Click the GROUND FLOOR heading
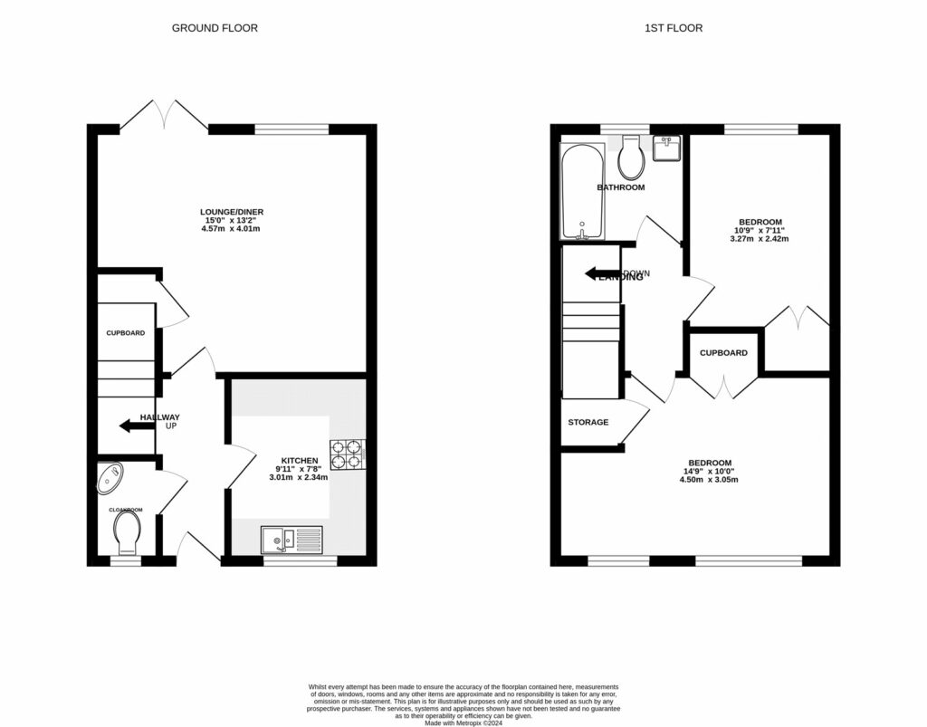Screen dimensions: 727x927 215,28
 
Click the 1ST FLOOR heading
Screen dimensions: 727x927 674,28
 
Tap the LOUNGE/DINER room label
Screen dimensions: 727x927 232,212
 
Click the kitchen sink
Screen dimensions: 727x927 291,540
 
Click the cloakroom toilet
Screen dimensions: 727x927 127,531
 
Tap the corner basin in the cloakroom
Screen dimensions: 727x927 111,477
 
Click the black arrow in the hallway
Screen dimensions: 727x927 137,425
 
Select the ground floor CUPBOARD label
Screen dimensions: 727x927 126,333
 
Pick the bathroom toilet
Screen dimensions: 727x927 630,158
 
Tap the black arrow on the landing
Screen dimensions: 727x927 599,273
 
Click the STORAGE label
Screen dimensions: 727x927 588,423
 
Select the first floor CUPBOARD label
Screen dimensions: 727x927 723,352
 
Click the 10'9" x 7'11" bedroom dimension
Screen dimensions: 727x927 760,231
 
